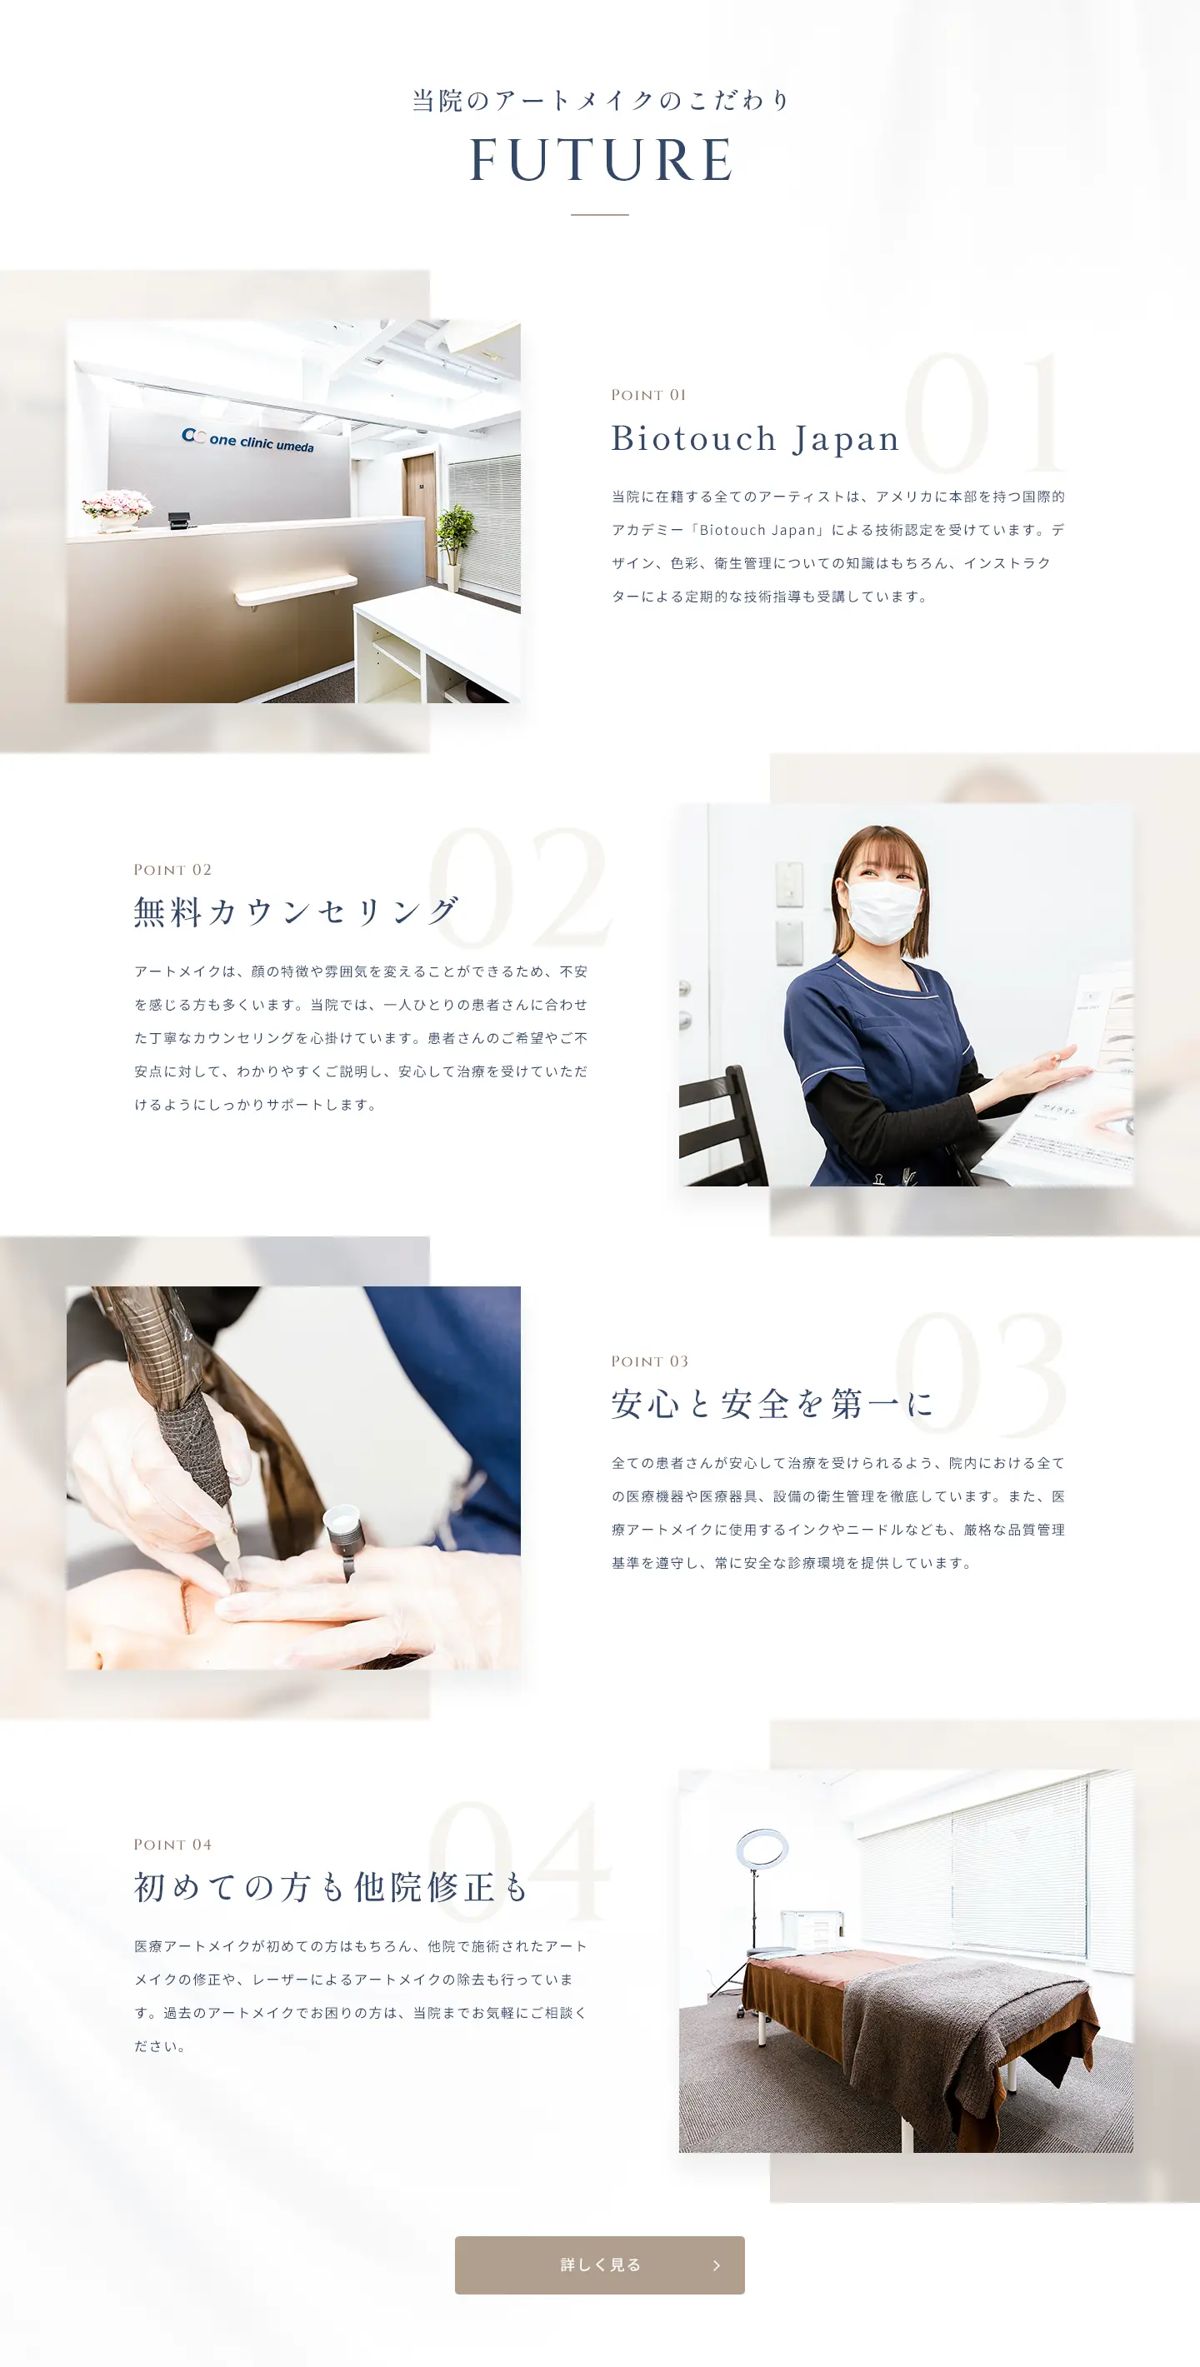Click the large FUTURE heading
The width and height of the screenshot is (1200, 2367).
(x=601, y=160)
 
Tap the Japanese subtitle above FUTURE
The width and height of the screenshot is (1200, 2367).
(x=601, y=100)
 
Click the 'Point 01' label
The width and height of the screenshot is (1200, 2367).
(x=648, y=395)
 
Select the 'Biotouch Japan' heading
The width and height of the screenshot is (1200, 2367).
(x=754, y=438)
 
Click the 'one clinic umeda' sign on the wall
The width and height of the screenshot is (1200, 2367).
(x=248, y=440)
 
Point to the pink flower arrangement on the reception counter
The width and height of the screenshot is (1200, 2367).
(x=117, y=507)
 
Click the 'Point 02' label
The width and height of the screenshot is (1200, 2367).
(x=172, y=870)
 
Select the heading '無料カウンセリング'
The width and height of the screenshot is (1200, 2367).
(x=296, y=911)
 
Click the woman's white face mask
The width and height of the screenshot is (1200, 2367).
(x=882, y=911)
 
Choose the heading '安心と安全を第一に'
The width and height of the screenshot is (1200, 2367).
(x=772, y=1404)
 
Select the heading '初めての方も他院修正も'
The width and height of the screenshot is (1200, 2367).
(x=331, y=1887)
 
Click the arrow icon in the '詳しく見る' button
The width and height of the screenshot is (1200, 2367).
(x=717, y=2266)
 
